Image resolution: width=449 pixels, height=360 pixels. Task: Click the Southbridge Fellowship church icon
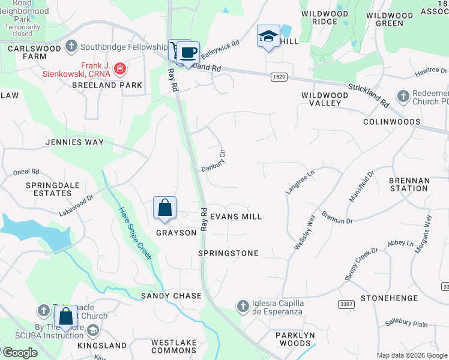[x=71, y=46]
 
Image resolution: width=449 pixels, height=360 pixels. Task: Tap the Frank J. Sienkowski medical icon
[x=120, y=68]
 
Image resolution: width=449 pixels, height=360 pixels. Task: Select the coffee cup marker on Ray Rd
[x=188, y=52]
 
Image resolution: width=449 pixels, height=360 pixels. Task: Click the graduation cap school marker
[x=268, y=37]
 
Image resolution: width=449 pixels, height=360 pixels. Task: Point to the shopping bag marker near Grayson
[x=165, y=208]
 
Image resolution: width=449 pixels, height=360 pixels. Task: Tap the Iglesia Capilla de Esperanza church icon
[x=243, y=307]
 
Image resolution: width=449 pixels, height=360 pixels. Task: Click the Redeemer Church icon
[x=403, y=96]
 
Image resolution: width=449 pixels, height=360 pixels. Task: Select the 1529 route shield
[x=278, y=76]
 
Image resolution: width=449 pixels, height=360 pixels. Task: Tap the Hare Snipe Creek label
[x=135, y=234]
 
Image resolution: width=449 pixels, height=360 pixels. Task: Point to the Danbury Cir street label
[x=214, y=161]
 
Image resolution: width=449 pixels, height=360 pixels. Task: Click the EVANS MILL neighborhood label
[x=236, y=216]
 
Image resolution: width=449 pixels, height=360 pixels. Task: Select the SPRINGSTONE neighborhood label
[x=228, y=253]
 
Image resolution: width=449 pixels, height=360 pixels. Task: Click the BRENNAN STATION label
[x=409, y=184]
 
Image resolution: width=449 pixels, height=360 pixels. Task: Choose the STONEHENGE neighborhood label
[x=388, y=297]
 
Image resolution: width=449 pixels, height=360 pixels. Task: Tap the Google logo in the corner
[x=20, y=353]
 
